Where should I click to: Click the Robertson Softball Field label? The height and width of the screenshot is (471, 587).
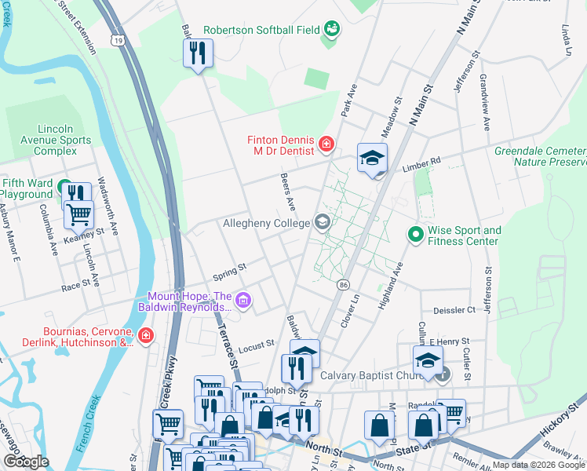261,30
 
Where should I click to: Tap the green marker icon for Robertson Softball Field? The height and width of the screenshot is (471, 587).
333,29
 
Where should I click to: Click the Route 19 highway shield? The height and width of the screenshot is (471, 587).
118,40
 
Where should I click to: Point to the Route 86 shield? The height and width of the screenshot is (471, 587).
343,285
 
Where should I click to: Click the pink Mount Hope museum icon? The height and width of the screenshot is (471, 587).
243,300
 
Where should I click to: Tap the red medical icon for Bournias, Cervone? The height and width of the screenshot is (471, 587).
145,337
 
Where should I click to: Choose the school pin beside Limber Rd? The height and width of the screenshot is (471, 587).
373,158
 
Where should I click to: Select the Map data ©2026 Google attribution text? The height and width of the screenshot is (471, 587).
538,465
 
